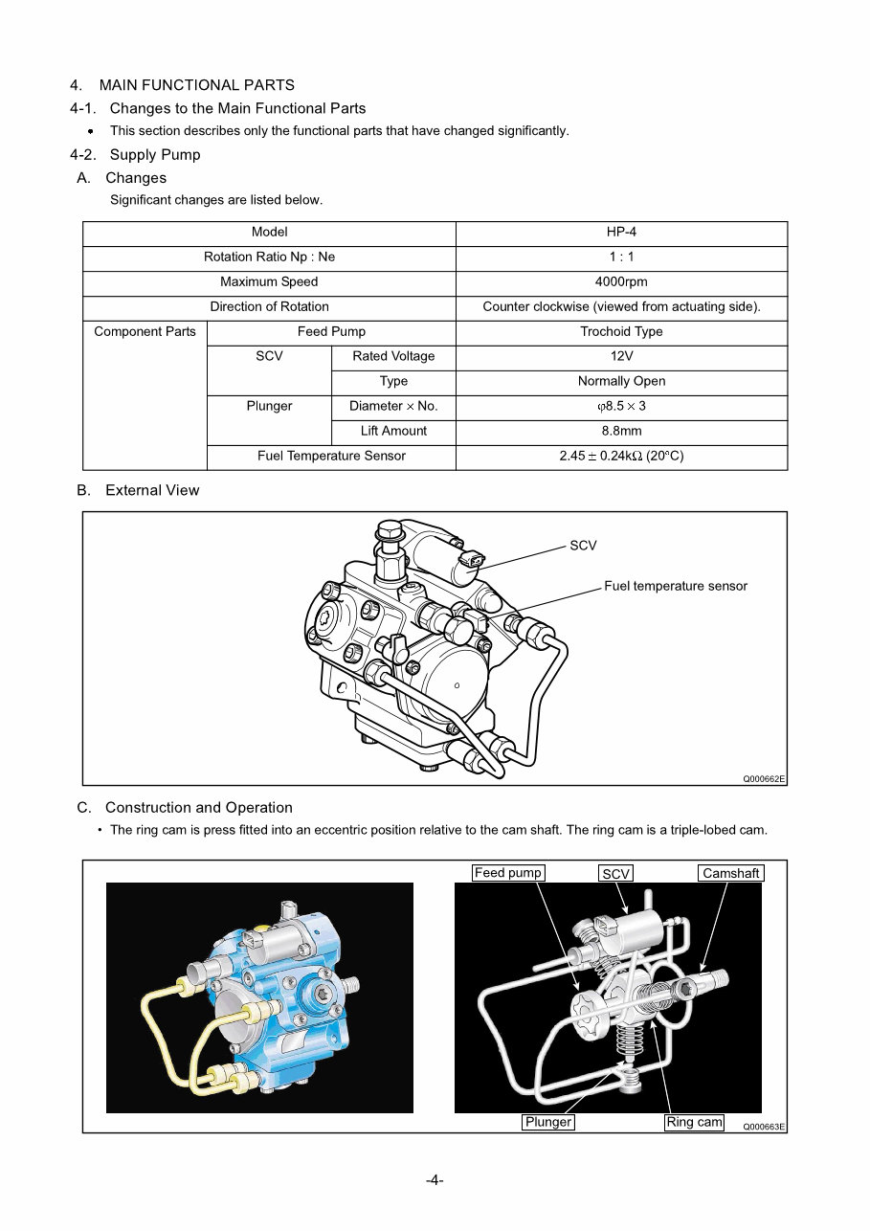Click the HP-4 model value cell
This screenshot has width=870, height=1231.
(x=621, y=233)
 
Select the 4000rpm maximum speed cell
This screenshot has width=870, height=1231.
(x=621, y=282)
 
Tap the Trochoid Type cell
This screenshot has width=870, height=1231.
(x=621, y=332)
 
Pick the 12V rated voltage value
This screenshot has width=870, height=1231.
(x=621, y=357)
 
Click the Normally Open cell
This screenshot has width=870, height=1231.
(x=621, y=382)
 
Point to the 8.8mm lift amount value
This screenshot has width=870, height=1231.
(x=621, y=432)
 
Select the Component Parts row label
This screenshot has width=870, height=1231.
(x=145, y=332)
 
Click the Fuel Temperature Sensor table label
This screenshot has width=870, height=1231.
(x=331, y=457)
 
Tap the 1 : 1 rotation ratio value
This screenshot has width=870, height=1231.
(x=621, y=257)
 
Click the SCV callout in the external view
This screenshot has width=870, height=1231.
(x=583, y=546)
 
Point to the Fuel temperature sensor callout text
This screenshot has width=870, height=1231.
(x=675, y=586)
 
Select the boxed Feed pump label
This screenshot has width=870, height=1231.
(x=508, y=873)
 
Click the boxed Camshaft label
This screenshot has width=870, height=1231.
(x=730, y=873)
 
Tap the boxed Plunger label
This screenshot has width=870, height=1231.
(x=548, y=1122)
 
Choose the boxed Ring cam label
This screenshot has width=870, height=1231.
(x=694, y=1122)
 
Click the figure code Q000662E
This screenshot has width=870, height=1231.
(x=764, y=779)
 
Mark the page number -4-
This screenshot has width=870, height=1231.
(x=435, y=1180)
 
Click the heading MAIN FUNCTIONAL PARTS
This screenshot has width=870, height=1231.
(x=196, y=85)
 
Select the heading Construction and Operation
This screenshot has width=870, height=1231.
(x=198, y=808)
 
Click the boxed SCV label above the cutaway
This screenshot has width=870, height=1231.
(x=616, y=874)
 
